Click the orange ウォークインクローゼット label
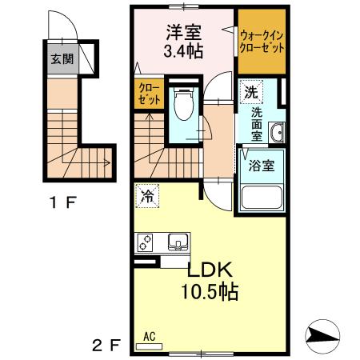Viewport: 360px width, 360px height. [262, 41]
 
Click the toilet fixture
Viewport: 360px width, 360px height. [183, 102]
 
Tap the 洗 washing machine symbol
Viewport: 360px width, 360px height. [250, 92]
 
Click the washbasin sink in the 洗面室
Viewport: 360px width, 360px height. [276, 134]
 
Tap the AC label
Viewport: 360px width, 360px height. [149, 337]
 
